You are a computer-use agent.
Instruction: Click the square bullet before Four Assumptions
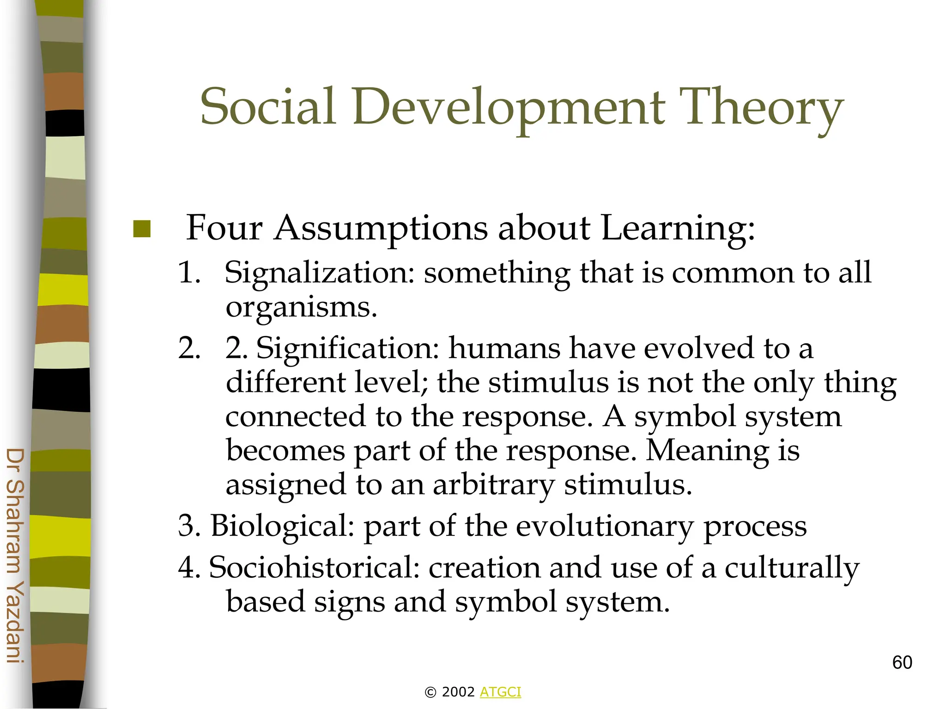[x=142, y=229]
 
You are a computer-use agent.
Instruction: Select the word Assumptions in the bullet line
[x=381, y=228]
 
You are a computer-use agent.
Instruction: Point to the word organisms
[x=301, y=307]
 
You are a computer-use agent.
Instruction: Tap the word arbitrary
[x=493, y=486]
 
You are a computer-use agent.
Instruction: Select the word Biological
[x=282, y=526]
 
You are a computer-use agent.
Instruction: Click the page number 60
[x=902, y=662]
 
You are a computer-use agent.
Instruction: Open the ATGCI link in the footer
[x=500, y=692]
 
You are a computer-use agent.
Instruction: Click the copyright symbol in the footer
[x=430, y=692]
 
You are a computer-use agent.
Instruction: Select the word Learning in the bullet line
[x=678, y=228]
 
